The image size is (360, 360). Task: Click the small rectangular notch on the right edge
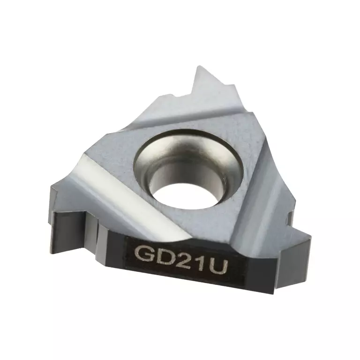290,217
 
